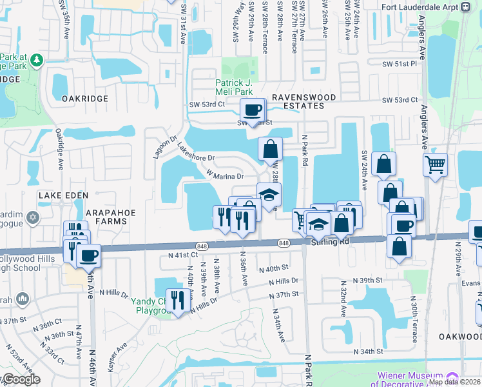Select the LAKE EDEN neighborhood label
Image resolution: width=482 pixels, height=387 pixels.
tap(60, 195)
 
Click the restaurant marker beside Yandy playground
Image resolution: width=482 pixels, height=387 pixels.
tap(179, 299)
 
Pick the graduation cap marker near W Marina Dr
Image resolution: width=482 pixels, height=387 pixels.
tap(269, 193)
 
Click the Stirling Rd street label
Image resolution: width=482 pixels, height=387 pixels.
tap(329, 241)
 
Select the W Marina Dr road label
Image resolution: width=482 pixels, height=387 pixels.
tap(224, 174)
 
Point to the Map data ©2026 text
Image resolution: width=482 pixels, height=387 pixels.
tap(455, 381)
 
